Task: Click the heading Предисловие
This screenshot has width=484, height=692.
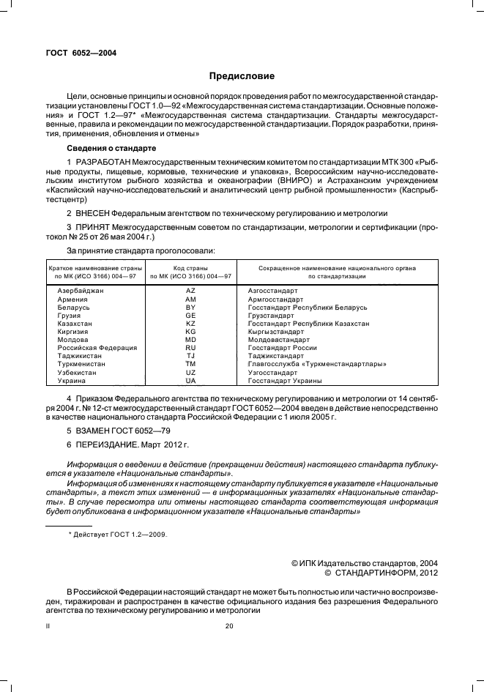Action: point(242,76)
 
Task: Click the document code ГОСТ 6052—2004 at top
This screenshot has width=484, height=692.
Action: point(81,53)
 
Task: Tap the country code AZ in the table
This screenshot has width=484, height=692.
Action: point(190,291)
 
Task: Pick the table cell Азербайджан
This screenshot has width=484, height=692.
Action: point(81,291)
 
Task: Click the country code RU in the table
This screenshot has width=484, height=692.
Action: point(190,347)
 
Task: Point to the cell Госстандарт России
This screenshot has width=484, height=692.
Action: point(282,347)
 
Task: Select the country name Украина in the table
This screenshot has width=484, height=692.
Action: point(72,381)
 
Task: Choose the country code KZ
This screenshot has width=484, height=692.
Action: point(190,323)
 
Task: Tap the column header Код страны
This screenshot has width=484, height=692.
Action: point(190,269)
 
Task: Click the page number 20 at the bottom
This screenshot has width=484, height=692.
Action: point(228,626)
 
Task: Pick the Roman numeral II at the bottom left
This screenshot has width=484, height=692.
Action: point(48,626)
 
